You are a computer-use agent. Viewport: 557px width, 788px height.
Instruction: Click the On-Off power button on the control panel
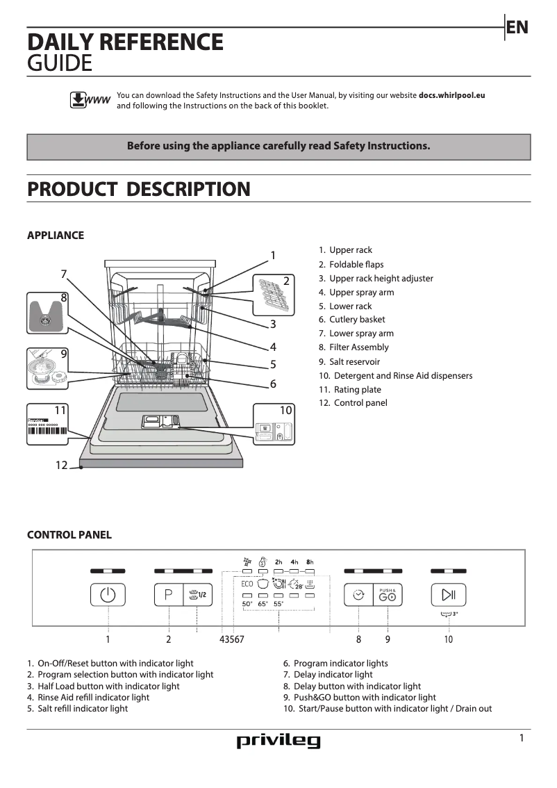pyautogui.click(x=108, y=595)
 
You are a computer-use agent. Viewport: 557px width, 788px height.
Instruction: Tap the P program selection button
pyautogui.click(x=168, y=595)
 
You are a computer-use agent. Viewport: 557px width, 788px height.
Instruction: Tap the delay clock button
pyautogui.click(x=358, y=595)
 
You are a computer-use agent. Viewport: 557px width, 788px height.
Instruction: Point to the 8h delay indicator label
pyautogui.click(x=310, y=561)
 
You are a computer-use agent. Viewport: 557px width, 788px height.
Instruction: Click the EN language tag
pyautogui.click(x=517, y=27)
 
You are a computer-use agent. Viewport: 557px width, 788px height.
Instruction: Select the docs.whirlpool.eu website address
pyautogui.click(x=451, y=95)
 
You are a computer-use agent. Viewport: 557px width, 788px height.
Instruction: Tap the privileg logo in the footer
pyautogui.click(x=278, y=741)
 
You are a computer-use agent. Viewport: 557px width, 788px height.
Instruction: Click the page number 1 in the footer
pyautogui.click(x=522, y=738)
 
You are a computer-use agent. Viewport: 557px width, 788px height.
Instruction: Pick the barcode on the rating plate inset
pyautogui.click(x=47, y=430)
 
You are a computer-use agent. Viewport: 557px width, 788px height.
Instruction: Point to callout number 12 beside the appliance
pyautogui.click(x=62, y=465)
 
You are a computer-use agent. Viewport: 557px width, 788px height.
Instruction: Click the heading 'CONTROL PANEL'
pyautogui.click(x=69, y=535)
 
